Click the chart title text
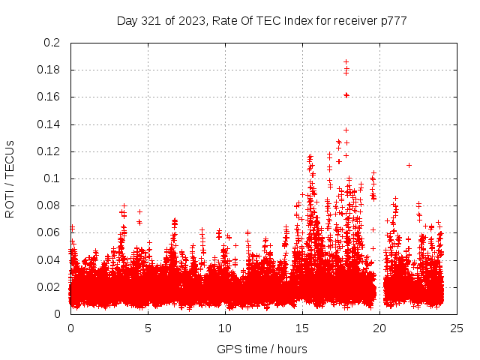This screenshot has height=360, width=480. pyautogui.click(x=262, y=20)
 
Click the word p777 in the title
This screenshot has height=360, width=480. pyautogui.click(x=392, y=20)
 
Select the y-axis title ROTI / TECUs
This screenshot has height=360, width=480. pyautogui.click(x=10, y=178)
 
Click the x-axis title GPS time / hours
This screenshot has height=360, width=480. pyautogui.click(x=262, y=349)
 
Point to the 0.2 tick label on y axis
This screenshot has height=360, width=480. pyautogui.click(x=52, y=43)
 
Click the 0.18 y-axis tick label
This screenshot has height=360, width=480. pyautogui.click(x=49, y=70)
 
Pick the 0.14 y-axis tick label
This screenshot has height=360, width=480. pyautogui.click(x=49, y=124)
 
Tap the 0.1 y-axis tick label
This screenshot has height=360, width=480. pyautogui.click(x=52, y=178)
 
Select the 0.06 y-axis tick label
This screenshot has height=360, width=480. pyautogui.click(x=49, y=232)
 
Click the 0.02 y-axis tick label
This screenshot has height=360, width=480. pyautogui.click(x=49, y=287)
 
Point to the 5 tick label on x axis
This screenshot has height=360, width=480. pyautogui.click(x=148, y=328)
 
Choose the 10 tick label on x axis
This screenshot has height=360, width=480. pyautogui.click(x=225, y=328)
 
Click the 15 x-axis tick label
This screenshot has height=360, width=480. pyautogui.click(x=302, y=328)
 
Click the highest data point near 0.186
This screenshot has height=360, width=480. pyautogui.click(x=346, y=61)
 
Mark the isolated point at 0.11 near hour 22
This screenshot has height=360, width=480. pyautogui.click(x=409, y=165)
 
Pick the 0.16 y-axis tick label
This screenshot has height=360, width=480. pyautogui.click(x=49, y=97)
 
